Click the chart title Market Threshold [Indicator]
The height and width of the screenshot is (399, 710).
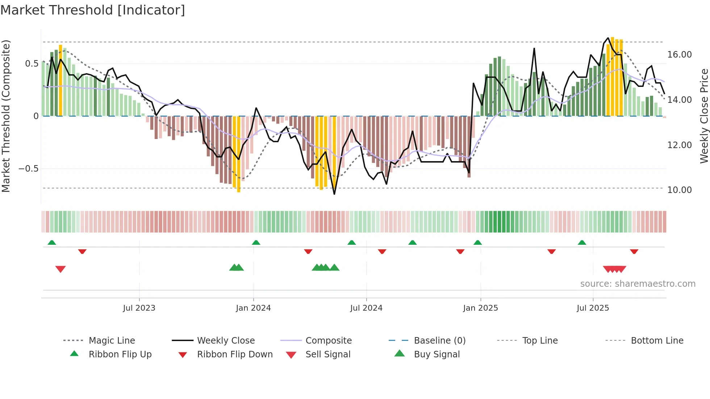coord(93,10)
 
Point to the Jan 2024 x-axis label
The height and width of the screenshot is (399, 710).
coord(253,308)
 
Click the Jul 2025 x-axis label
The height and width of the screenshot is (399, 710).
coord(593,308)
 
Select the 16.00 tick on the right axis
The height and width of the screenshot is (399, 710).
coord(679,55)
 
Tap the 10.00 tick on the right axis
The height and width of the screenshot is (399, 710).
coord(679,190)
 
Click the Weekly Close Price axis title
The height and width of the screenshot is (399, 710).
coord(703,116)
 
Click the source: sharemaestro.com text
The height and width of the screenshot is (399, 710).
coord(638,283)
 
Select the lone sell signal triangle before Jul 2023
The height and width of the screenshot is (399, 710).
coord(60,269)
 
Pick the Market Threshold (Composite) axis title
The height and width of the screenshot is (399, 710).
coord(6,116)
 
